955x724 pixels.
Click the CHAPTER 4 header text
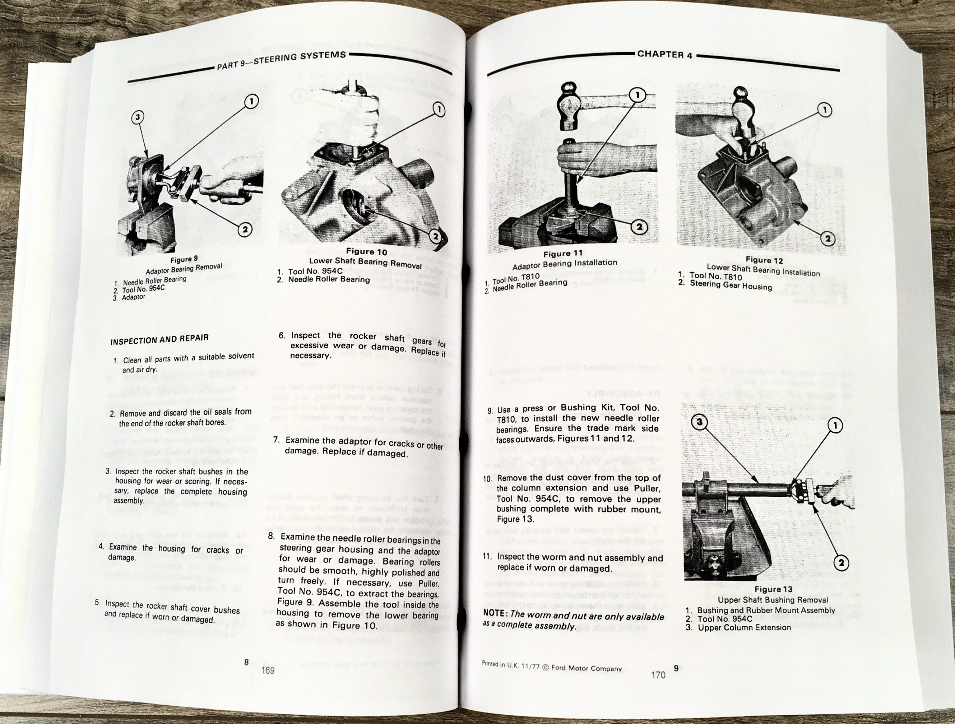click(664, 54)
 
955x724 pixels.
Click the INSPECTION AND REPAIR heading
click(159, 339)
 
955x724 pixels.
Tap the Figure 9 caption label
click(184, 260)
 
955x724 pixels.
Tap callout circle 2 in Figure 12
click(828, 238)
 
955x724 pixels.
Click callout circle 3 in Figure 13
click(700, 422)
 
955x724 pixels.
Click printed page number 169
click(268, 670)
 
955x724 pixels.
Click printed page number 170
click(658, 674)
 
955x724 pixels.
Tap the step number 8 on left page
click(271, 537)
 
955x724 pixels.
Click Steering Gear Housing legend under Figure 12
click(730, 285)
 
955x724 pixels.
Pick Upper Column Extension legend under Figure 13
click(744, 627)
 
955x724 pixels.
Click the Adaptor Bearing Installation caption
click(564, 264)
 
